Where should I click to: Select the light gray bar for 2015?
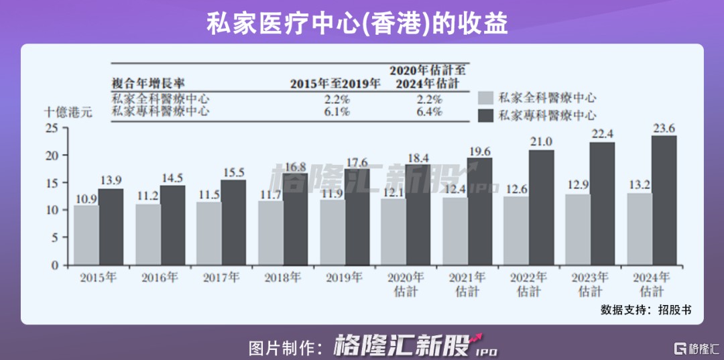pyautogui.click(x=86, y=235)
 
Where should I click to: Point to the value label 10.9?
pyautogui.click(x=86, y=198)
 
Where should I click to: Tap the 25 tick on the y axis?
pyautogui.click(x=53, y=128)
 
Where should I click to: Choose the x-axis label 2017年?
pyautogui.click(x=221, y=277)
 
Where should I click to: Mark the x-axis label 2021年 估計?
pyautogui.click(x=467, y=284)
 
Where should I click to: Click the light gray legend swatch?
pyautogui.click(x=486, y=98)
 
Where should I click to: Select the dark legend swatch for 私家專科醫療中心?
pyautogui.click(x=486, y=115)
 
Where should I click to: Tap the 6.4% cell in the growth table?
pyautogui.click(x=428, y=112)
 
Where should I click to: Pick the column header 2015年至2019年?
pyautogui.click(x=335, y=84)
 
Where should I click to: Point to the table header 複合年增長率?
pyautogui.click(x=147, y=83)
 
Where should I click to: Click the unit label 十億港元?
pyautogui.click(x=68, y=113)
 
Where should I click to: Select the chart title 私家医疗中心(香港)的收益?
pyautogui.click(x=357, y=23)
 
